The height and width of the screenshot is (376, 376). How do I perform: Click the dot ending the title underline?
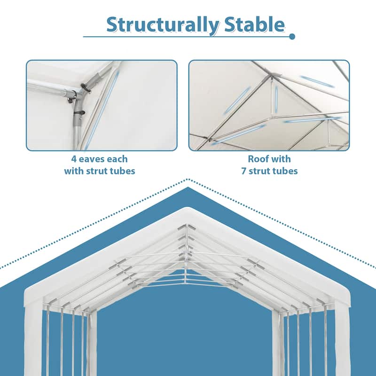(x=292, y=36)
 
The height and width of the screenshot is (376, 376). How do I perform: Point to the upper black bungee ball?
(x=86, y=87)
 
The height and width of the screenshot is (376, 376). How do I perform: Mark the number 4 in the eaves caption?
(x=75, y=159)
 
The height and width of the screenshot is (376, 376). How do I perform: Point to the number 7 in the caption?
(x=244, y=171)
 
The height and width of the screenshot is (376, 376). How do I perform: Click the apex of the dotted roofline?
(x=188, y=179)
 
